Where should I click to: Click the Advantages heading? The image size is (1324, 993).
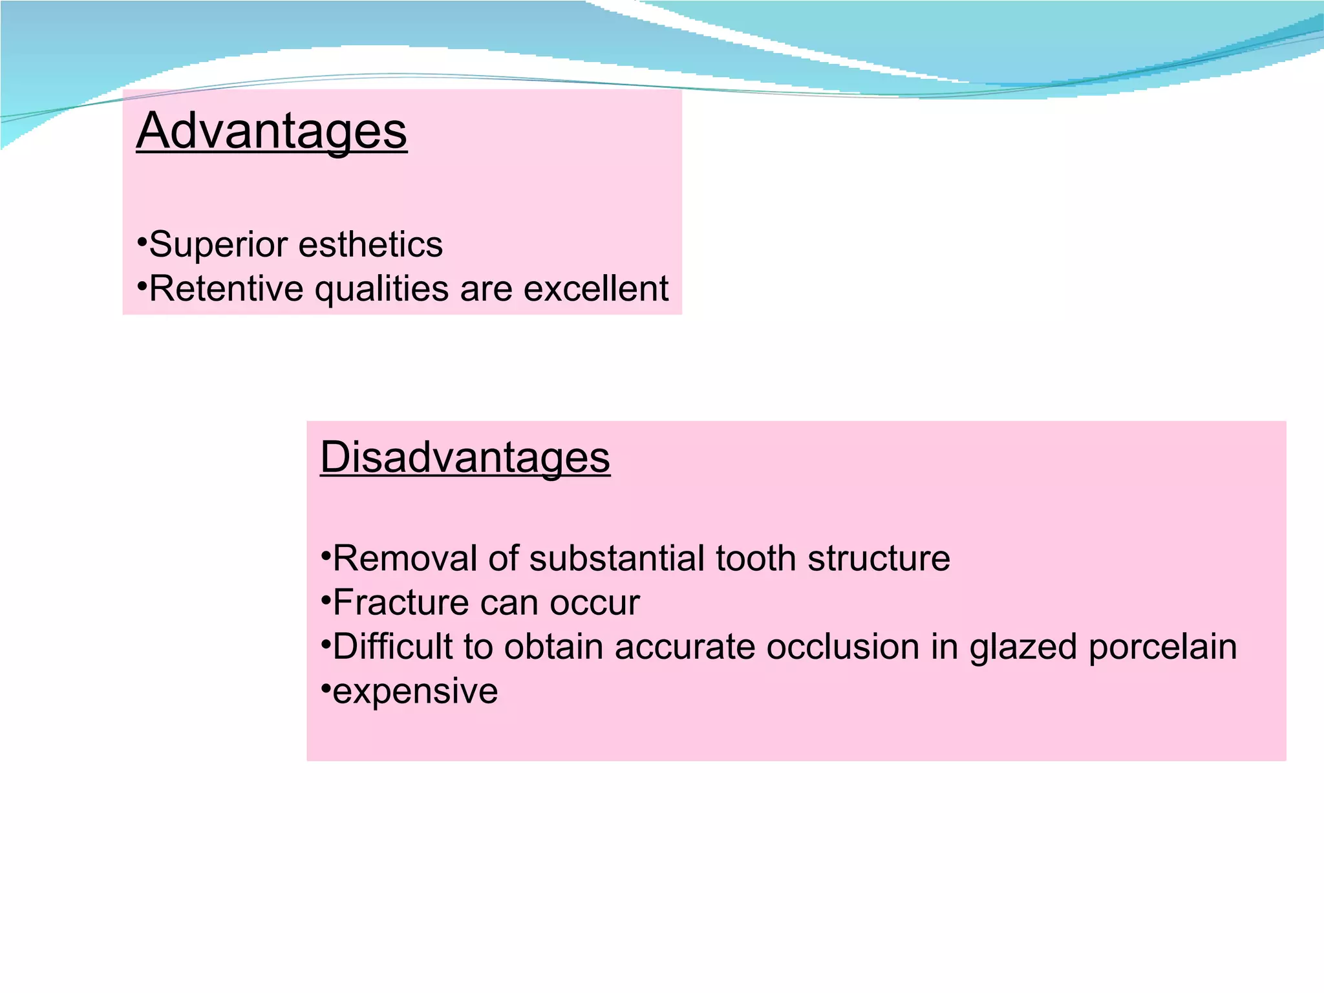(x=272, y=131)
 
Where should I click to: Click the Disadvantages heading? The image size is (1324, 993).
(x=465, y=457)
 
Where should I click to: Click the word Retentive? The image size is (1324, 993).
(x=226, y=288)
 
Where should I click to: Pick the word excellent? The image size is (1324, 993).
(x=595, y=288)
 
